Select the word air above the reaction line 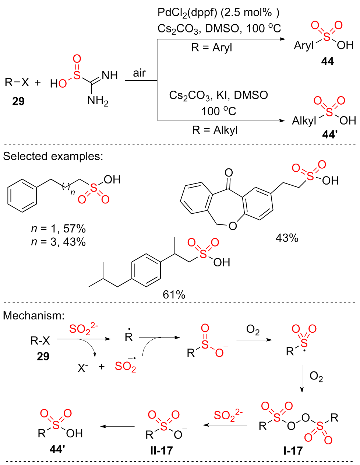pos(139,73)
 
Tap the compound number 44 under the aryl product pos(327,61)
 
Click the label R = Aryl pos(212,48)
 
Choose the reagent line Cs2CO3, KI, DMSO pos(218,95)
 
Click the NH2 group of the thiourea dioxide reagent pos(98,100)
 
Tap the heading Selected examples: pos(53,156)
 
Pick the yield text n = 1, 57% pos(58,229)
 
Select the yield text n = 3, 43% pos(58,242)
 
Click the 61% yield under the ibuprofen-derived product pos(174,294)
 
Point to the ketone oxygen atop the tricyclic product pos(228,172)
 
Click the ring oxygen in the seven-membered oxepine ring pos(233,226)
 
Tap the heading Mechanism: pos(34,315)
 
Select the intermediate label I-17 pos(293,450)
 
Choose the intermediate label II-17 pos(162,450)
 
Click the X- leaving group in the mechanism pos(82,367)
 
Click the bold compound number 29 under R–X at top pos(18,101)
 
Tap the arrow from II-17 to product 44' pos(118,427)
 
